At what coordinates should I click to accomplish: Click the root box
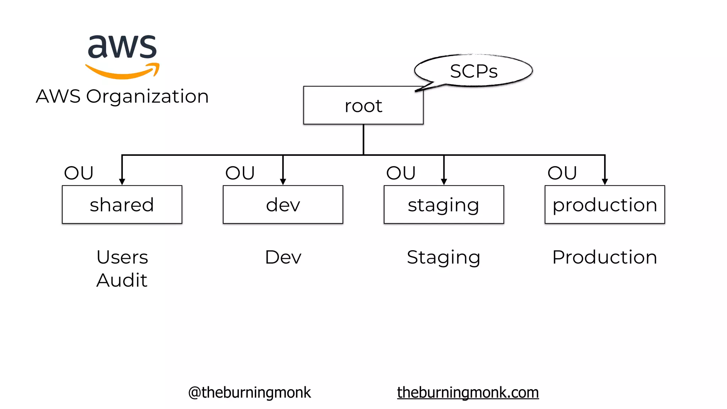point(363,105)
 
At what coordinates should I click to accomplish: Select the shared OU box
point(122,204)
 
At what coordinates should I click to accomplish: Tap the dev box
point(283,204)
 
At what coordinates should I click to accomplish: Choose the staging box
point(444,204)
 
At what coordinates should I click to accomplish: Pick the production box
point(605,204)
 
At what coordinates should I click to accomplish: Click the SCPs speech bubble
point(474,71)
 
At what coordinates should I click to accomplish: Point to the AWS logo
point(122,56)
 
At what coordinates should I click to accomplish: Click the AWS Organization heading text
point(122,96)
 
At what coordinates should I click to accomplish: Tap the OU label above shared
point(79,173)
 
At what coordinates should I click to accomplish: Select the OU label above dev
point(240,173)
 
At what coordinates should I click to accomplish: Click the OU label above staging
point(401,173)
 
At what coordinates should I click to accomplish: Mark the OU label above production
point(562,173)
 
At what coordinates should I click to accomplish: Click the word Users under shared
point(122,257)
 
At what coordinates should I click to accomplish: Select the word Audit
point(122,280)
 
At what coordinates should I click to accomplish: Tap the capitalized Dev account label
point(283,257)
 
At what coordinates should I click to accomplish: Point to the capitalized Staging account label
point(443,257)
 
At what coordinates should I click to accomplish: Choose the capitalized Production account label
point(605,257)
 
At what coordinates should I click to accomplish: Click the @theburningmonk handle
point(249,392)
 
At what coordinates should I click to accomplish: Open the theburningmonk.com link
point(468,392)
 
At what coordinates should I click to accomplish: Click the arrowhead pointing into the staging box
point(444,182)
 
